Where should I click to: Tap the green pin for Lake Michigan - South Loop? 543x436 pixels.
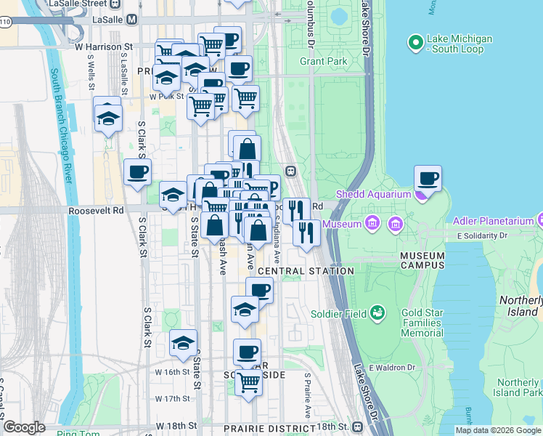pos(416,44)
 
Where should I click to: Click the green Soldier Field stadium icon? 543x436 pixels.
pos(377,313)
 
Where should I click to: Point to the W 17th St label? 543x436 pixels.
pos(172,398)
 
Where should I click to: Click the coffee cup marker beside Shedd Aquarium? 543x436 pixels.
pos(428,179)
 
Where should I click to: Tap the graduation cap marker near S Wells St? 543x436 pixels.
pos(108,118)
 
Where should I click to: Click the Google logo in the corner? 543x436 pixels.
pos(24,428)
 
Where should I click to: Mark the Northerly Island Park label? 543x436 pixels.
pos(518,387)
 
